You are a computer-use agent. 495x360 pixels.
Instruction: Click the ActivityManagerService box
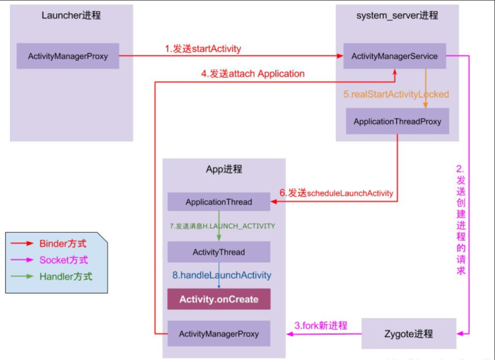click(x=395, y=56)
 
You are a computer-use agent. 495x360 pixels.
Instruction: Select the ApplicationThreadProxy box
click(x=397, y=121)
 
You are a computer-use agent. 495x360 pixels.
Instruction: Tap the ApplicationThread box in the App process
click(x=218, y=202)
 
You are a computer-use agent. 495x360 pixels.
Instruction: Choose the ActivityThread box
click(x=218, y=252)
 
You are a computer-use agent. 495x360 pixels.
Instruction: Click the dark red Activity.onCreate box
click(x=218, y=299)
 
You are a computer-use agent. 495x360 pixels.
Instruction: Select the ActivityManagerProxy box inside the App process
click(x=218, y=334)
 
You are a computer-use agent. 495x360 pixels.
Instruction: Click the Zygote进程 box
click(x=409, y=333)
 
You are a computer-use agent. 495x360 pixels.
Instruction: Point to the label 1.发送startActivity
click(x=203, y=49)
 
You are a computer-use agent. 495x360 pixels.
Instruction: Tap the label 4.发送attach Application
click(x=253, y=74)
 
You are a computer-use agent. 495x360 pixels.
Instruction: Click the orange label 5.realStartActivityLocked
click(x=396, y=94)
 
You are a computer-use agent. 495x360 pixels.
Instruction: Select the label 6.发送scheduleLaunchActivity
click(x=336, y=193)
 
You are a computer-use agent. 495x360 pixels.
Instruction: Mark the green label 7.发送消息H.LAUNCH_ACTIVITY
click(x=222, y=226)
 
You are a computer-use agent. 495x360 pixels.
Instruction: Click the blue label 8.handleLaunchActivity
click(x=222, y=275)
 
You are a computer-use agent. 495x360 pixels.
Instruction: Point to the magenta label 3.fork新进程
click(x=321, y=325)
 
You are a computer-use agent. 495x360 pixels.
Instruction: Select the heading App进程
click(x=224, y=169)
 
